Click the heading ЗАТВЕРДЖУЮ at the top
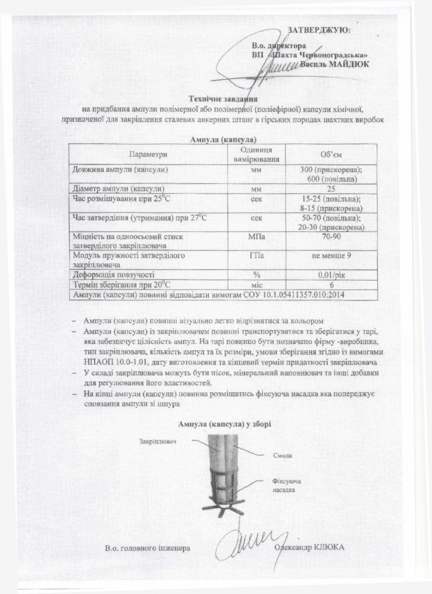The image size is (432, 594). point(319,30)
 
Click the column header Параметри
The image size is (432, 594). point(148,154)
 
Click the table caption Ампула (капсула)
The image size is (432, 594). point(223,139)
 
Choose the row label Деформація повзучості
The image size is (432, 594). point(113,275)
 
